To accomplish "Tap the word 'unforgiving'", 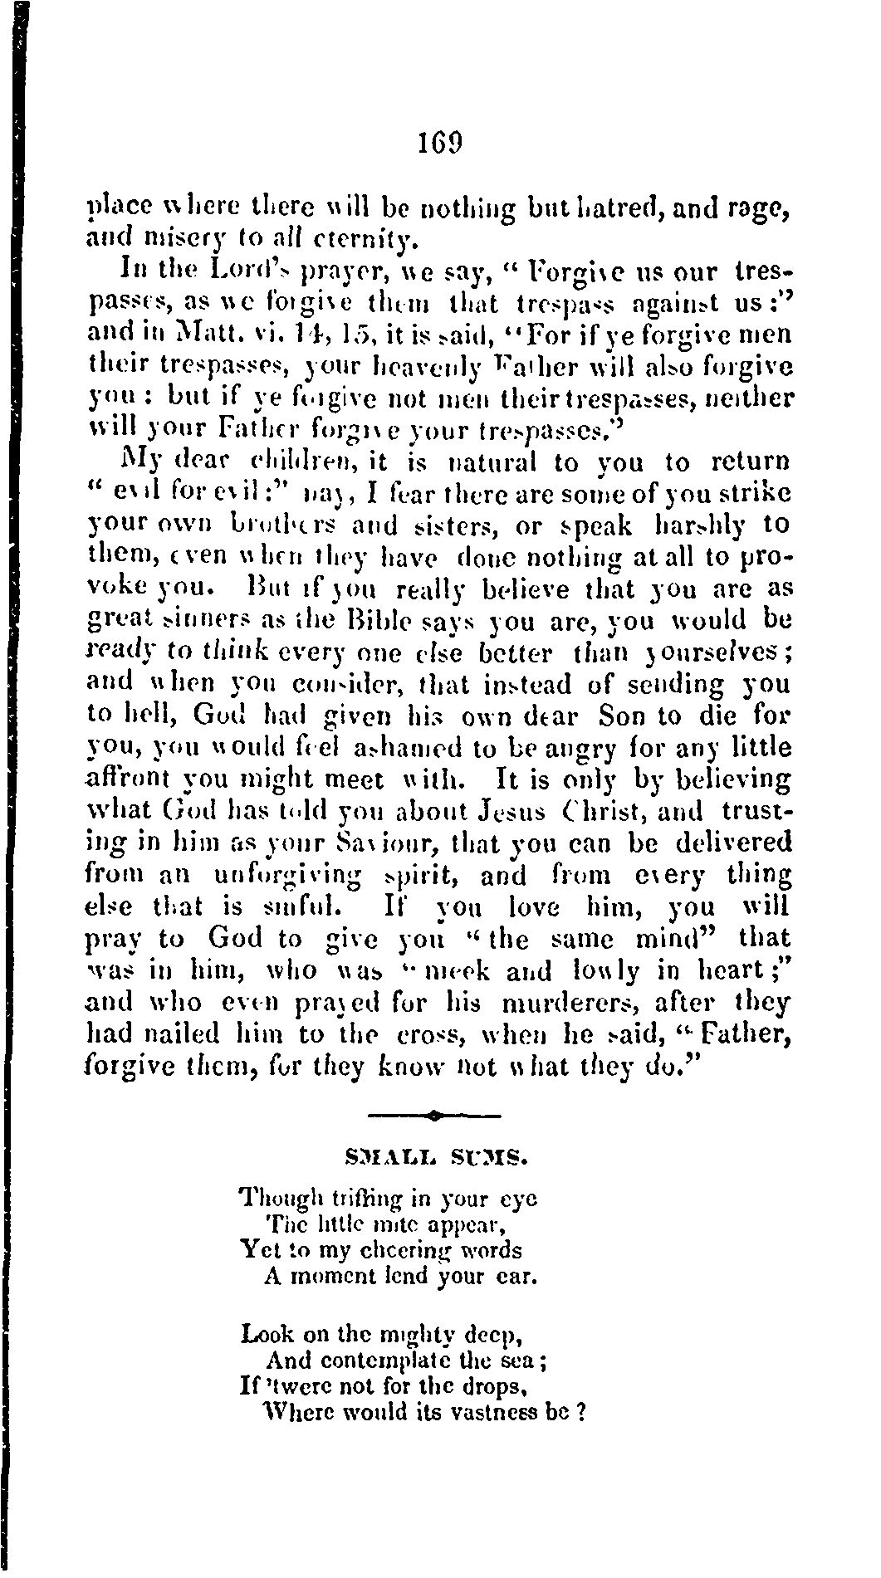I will point(286,876).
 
